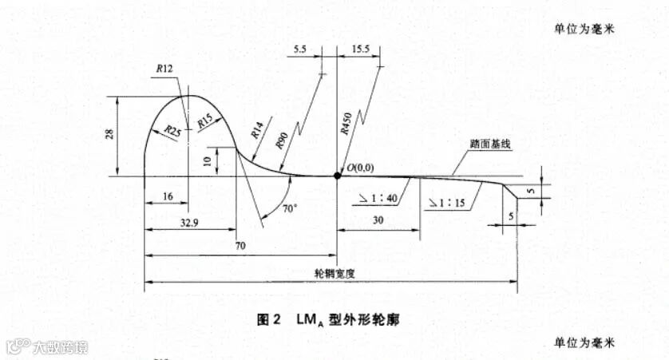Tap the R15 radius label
tap(204, 121)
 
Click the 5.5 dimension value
tap(300, 49)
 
